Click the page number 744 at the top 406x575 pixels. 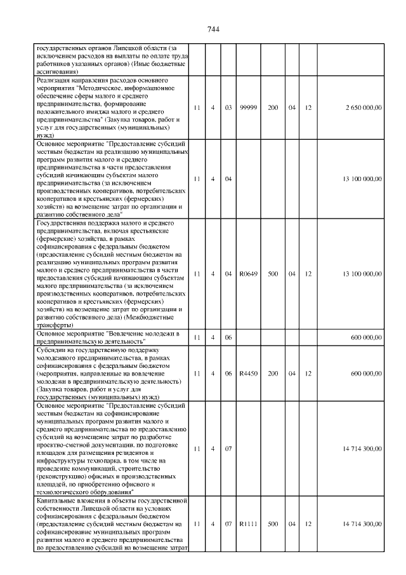coord(213,30)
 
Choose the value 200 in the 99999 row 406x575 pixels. coord(273,108)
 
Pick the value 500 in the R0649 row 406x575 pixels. coord(273,274)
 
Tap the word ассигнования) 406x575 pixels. coord(58,72)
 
